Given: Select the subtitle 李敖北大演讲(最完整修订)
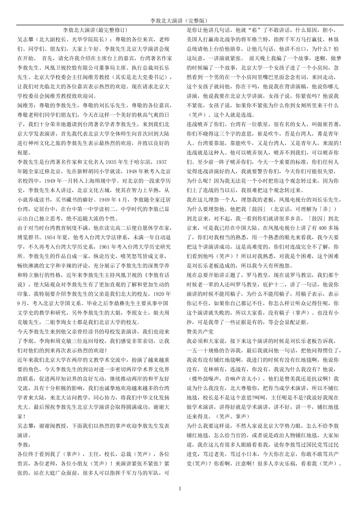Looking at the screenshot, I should coord(95,30).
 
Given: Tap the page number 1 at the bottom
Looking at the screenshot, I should coord(180,489).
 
